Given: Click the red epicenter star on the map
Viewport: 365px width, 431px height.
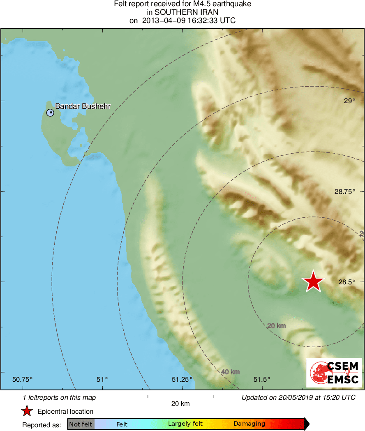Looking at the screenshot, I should pyautogui.click(x=313, y=281).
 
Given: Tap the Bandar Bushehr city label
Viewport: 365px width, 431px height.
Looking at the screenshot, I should pyautogui.click(x=83, y=106).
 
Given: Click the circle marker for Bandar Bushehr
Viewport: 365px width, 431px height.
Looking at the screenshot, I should pyautogui.click(x=50, y=112).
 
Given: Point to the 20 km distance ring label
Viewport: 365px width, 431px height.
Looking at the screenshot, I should pyautogui.click(x=276, y=326).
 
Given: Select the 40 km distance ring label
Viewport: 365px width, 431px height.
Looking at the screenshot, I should pyautogui.click(x=230, y=372).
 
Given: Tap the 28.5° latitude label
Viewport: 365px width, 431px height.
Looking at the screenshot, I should pyautogui.click(x=347, y=282).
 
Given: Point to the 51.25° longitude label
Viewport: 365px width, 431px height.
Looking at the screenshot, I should pyautogui.click(x=182, y=379).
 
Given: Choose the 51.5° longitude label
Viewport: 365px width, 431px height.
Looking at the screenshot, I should pyautogui.click(x=261, y=379).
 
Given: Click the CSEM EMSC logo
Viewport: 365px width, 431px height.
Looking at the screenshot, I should pyautogui.click(x=334, y=373).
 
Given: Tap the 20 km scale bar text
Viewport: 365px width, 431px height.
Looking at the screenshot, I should pyautogui.click(x=180, y=403).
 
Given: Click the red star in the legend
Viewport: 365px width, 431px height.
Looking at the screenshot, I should pyautogui.click(x=27, y=411).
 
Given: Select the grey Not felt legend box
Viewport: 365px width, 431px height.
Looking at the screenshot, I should pyautogui.click(x=81, y=424).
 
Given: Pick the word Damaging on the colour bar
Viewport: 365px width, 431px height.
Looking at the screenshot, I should pyautogui.click(x=249, y=424).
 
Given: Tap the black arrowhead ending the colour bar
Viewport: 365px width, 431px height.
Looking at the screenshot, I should pyautogui.click(x=306, y=424).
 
